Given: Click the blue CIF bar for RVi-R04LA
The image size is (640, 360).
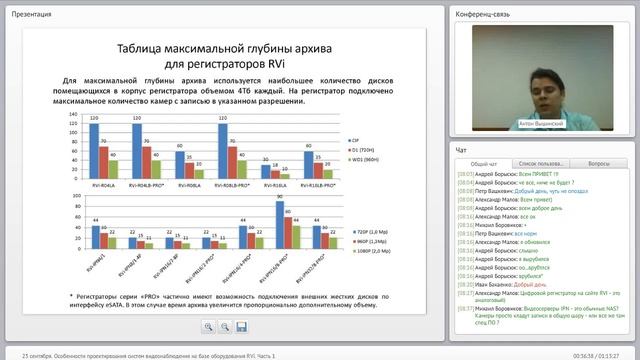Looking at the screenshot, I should pos(93,149).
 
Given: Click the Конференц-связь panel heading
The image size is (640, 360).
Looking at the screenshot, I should pos(486,15).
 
